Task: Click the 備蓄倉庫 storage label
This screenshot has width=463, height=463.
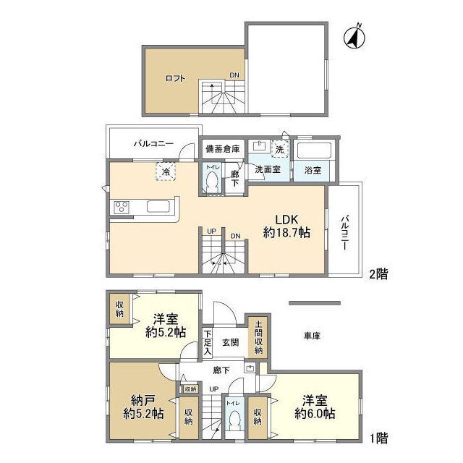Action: pos(221,148)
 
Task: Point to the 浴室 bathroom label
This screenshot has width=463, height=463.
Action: pos(313,170)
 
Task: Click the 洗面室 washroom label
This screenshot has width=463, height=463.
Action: pos(267,170)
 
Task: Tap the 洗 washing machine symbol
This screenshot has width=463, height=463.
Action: pos(280,148)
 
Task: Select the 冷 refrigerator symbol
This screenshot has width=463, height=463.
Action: pos(166,171)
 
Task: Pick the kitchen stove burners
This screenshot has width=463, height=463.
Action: pos(120,208)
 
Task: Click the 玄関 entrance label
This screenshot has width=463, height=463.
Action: pos(230,342)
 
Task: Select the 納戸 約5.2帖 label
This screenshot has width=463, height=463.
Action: pos(141,408)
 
